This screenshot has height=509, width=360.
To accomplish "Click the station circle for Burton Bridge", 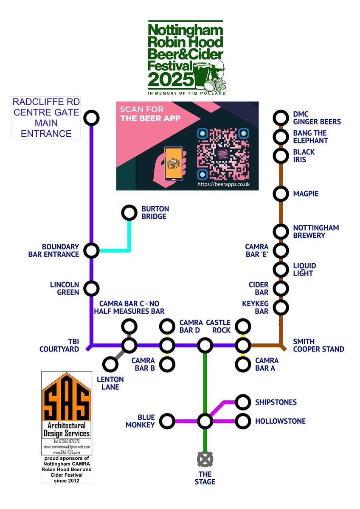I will pos(128,212).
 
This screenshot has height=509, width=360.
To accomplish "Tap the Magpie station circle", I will pos(280,194).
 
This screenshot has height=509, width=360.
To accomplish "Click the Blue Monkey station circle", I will pos(168,422).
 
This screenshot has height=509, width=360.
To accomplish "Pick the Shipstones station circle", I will pos(243,401).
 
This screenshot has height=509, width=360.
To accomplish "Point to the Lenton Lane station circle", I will pos(110,364).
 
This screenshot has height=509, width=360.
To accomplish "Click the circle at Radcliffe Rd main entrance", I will pos(91,118).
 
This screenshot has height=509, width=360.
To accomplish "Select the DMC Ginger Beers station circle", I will pos(280,118).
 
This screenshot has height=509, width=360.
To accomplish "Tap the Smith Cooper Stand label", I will pos(318,345).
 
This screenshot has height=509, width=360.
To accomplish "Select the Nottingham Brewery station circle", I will pos(280,231).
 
